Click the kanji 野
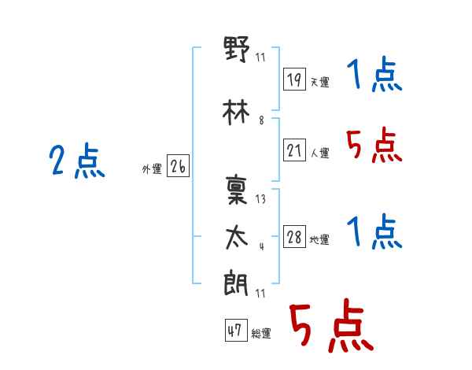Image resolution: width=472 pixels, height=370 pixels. coord(236,49)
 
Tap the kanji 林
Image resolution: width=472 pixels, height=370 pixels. coord(236,112)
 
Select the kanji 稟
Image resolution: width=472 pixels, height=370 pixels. coord(237,191)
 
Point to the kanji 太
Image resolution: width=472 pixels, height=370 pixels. coord(237,238)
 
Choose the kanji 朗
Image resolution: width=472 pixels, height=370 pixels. coord(236,283)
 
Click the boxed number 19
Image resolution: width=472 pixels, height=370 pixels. coord(294,80)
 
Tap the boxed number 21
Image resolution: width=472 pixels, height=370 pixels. coord(294,150)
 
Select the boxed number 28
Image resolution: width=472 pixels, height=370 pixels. coord(294,236)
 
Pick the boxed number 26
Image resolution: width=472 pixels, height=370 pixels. coord(178,166)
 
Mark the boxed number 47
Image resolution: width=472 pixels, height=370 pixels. coord(236,330)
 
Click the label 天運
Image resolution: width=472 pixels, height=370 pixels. coord(320,82)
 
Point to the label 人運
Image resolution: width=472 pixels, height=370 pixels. coord(320,153)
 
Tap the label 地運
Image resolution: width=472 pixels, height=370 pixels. coord(319,239)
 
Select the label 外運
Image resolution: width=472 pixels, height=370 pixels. coord(152,169)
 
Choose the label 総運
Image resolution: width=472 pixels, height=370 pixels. coord(261,333)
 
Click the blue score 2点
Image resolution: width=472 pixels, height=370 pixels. coord(77,161)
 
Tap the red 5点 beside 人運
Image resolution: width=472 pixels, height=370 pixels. coord(374,145)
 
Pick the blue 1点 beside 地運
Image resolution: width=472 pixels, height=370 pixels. coord(374,231)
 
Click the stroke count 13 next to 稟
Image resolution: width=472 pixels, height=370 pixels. coord(260,199)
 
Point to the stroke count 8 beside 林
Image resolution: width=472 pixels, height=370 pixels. coord(261,120)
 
